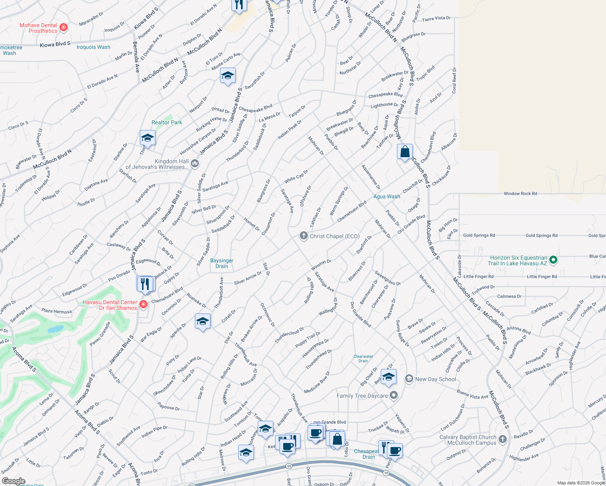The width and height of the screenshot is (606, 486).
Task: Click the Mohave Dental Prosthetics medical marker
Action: pos(63,28)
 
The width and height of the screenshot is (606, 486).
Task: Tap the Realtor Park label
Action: pos(167,122)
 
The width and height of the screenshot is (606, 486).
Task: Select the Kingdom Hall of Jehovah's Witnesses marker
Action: pos(195,164)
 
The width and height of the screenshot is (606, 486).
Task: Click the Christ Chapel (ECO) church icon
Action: pos(303,236)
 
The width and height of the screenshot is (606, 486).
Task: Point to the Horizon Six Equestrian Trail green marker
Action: pos(554,260)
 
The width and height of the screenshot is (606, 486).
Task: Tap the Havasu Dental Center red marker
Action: pos(143,304)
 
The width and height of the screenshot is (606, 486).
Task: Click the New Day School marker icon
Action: pos(409,379)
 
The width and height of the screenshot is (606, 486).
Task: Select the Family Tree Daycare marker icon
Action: pos(394,396)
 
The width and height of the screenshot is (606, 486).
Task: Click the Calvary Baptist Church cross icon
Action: pos(502,439)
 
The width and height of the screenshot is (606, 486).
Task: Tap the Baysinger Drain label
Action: pos(222,263)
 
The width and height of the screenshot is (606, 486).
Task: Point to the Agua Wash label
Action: pos(386,196)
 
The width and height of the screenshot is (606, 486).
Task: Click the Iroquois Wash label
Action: pos(93,47)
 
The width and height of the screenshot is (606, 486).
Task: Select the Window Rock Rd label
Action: pos(520,194)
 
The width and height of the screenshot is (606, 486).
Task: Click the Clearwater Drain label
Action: pos(363,358)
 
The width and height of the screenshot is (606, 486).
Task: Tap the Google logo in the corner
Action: pos(13,481)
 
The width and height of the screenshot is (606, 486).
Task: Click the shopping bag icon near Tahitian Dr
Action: pos(405,152)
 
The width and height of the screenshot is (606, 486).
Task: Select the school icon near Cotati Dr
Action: pos(203,322)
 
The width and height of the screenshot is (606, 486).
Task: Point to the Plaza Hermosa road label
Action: pos(57,311)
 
